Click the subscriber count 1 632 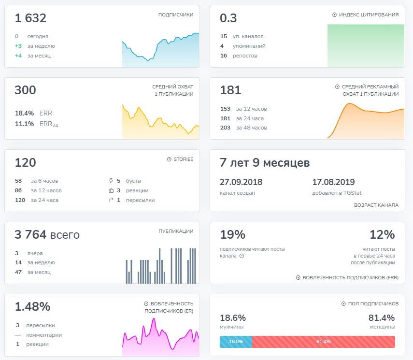pyautogui.click(x=30, y=18)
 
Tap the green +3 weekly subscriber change pyautogui.click(x=18, y=46)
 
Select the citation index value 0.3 pyautogui.click(x=228, y=18)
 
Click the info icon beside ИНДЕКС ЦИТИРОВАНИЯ pyautogui.click(x=334, y=15)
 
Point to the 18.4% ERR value pyautogui.click(x=24, y=114)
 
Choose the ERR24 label pyautogui.click(x=49, y=124)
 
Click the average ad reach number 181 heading pyautogui.click(x=230, y=90)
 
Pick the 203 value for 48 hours pyautogui.click(x=225, y=128)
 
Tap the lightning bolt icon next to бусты pyautogui.click(x=111, y=181)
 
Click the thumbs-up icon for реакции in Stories pyautogui.click(x=111, y=190)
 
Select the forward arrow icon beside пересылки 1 pyautogui.click(x=111, y=200)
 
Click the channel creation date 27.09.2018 pyautogui.click(x=241, y=182)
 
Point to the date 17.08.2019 pyautogui.click(x=333, y=182)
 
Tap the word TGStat pyautogui.click(x=353, y=193)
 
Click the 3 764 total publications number pyautogui.click(x=30, y=234)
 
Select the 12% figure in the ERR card pyautogui.click(x=382, y=234)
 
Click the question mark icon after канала pyautogui.click(x=242, y=256)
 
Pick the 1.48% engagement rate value pyautogui.click(x=32, y=307)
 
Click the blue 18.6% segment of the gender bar pyautogui.click(x=236, y=342)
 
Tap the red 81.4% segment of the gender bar pyautogui.click(x=324, y=342)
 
